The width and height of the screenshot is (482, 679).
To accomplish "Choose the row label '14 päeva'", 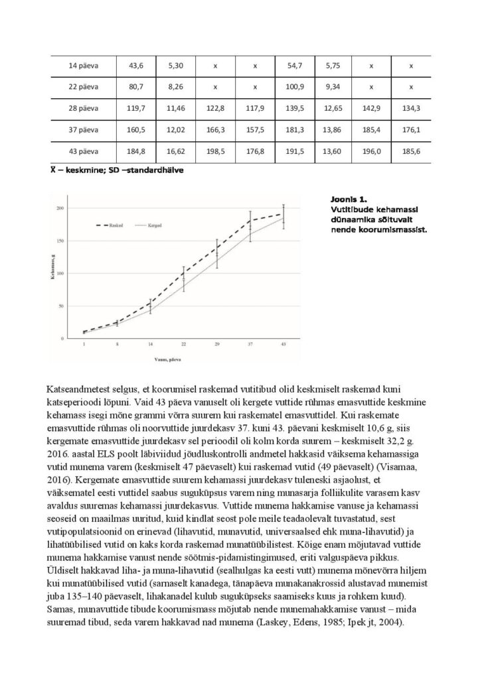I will tap(84, 65).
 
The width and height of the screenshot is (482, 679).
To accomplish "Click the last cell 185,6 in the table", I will tap(411, 151).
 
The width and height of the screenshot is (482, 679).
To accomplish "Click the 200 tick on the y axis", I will tap(59, 208).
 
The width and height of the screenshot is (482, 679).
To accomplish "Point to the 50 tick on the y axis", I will tap(60, 306).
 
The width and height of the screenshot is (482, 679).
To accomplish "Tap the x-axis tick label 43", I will tap(283, 345).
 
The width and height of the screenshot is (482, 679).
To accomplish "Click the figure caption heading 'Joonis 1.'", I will tap(348, 198).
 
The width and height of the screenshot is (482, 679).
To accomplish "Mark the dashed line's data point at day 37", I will tap(250, 222).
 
